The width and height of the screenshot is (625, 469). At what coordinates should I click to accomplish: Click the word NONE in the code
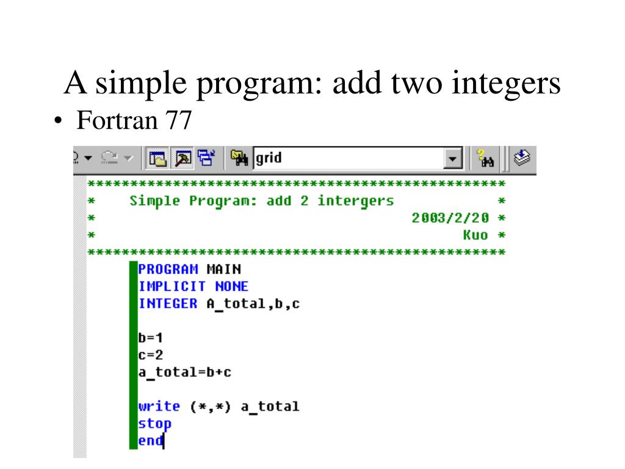point(232,286)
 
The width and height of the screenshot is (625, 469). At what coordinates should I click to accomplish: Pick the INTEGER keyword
point(168,304)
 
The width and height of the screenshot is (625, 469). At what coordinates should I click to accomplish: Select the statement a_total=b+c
point(185,372)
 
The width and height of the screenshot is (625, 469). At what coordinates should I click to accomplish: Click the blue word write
point(159,406)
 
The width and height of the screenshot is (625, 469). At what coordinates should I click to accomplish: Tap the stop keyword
point(155,423)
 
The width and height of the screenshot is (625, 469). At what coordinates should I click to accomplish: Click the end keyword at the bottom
point(151,440)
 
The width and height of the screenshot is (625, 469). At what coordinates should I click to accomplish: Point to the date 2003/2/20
point(450,218)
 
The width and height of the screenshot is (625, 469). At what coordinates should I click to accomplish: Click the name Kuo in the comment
point(475,235)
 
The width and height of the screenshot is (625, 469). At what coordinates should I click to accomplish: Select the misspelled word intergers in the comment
point(355,201)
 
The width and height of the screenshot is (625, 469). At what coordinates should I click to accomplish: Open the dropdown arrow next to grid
point(452,159)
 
